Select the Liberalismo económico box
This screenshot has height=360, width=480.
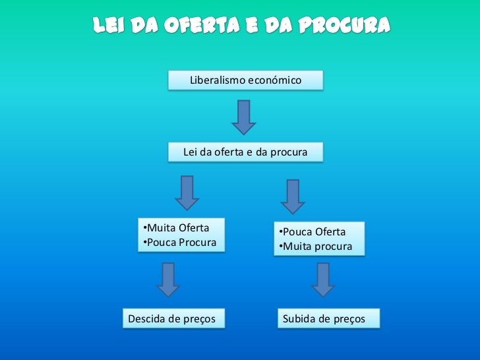point(245,80)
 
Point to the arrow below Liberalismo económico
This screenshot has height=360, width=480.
point(243,117)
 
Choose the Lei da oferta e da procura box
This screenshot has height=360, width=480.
point(245,152)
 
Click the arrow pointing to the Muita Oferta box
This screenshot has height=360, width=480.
point(187,193)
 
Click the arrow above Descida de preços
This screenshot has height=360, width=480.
point(168,280)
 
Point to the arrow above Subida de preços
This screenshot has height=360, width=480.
point(322,280)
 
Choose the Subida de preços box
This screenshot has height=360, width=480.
point(323,319)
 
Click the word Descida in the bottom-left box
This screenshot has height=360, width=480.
point(147,319)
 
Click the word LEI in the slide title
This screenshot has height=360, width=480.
point(108,26)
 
